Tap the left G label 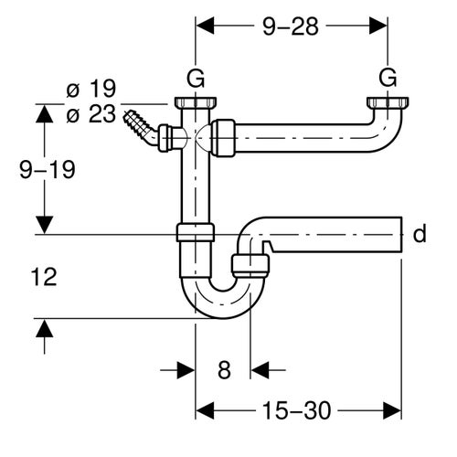[195, 77]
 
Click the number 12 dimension [43, 277]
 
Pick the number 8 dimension [223, 370]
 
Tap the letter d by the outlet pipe [420, 235]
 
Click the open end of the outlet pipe [400, 235]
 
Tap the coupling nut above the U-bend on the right [251, 266]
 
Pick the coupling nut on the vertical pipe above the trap [194, 231]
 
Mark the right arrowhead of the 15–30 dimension [394, 412]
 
